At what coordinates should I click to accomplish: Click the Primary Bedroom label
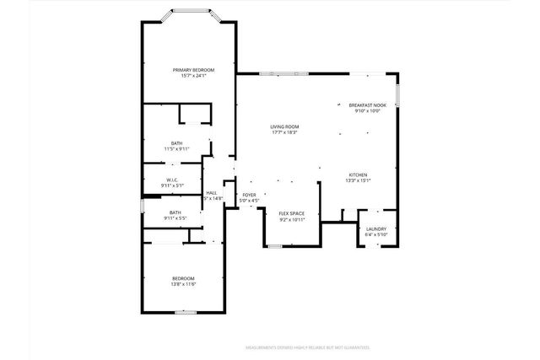pos(193,70)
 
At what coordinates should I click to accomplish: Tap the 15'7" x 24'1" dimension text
pos(193,76)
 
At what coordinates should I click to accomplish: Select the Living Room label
pos(284,126)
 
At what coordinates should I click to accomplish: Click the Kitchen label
pos(357,175)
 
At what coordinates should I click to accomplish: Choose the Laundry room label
pos(375,228)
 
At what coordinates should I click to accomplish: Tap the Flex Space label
pos(291,213)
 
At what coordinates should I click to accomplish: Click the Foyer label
pos(249,195)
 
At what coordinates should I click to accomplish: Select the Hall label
pos(212,192)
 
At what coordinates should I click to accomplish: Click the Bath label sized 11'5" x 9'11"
pos(176,142)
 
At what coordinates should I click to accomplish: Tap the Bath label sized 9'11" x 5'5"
pos(175,212)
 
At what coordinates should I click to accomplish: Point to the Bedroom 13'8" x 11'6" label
pos(183,278)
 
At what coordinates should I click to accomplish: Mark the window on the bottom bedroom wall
pos(186,312)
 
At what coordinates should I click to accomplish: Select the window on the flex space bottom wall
pos(274,245)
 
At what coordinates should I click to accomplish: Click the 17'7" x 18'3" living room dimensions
pos(284,132)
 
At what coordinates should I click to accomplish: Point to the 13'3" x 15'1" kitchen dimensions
pos(357,180)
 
